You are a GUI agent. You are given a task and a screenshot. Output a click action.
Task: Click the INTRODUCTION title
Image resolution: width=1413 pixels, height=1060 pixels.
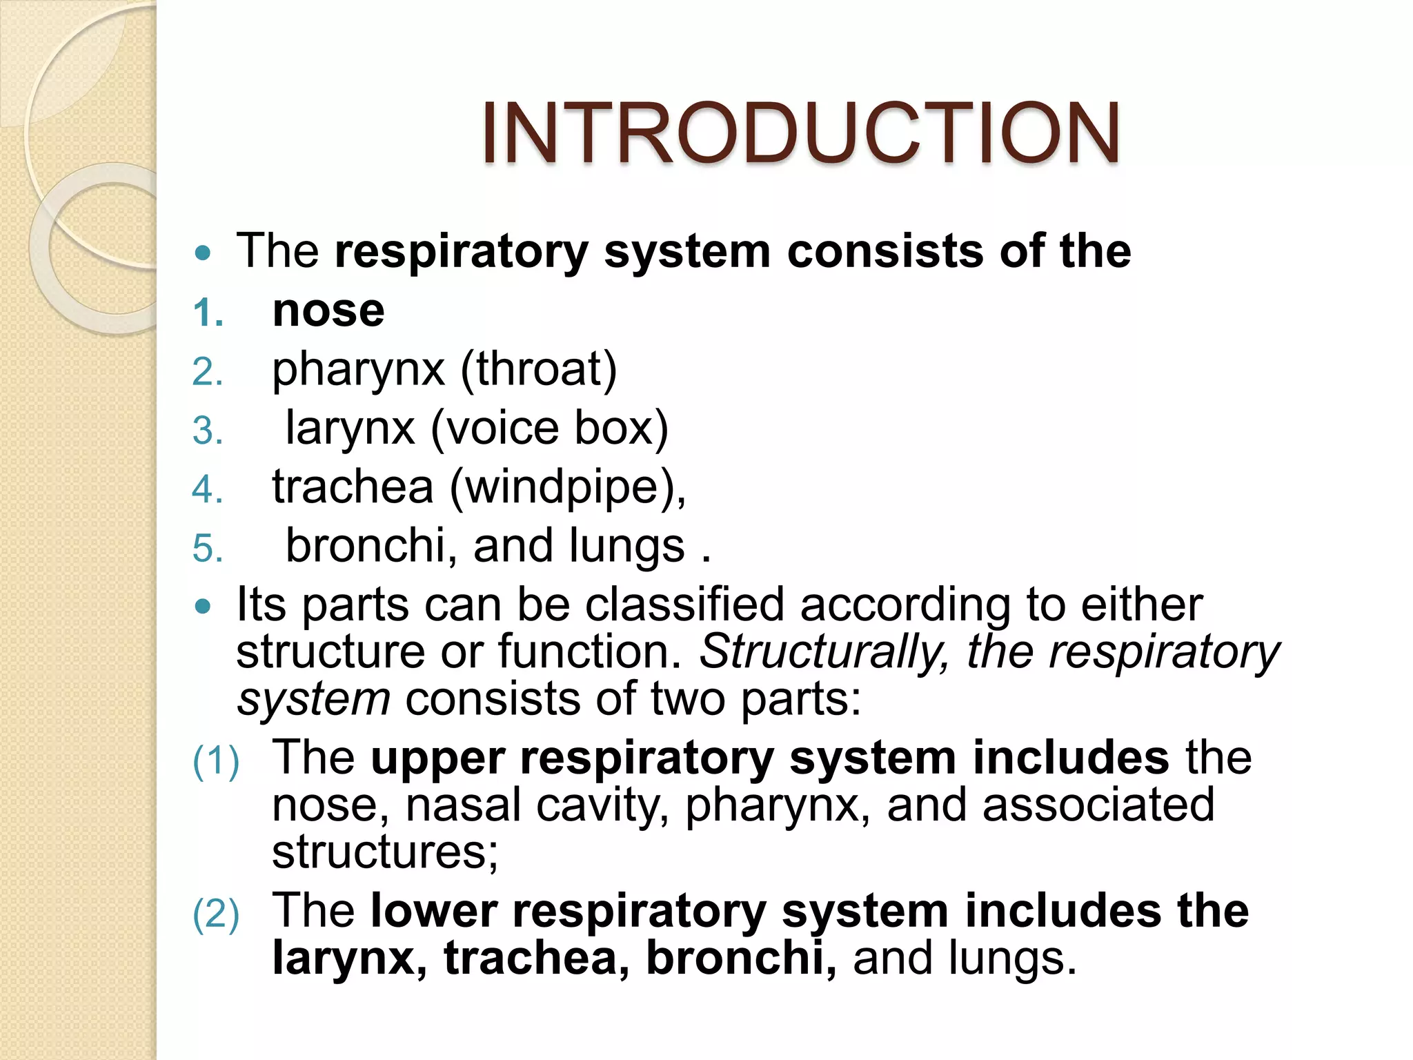coord(800,133)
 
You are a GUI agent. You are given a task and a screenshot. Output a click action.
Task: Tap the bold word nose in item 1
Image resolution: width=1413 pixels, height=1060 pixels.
coord(328,312)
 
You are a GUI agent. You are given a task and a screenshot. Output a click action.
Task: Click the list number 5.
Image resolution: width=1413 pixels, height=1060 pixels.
coord(208,549)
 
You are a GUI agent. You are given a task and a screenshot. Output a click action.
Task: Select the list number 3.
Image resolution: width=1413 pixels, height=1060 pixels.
coord(208,432)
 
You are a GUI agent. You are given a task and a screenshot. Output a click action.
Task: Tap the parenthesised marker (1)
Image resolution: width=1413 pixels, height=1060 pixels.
coord(216,761)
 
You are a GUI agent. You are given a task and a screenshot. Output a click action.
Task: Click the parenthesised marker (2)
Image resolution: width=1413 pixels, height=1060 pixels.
coord(216,914)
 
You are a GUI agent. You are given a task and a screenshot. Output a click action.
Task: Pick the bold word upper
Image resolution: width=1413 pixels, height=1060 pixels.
coord(437,759)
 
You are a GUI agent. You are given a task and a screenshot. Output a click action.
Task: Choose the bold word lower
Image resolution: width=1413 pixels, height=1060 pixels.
coord(433,912)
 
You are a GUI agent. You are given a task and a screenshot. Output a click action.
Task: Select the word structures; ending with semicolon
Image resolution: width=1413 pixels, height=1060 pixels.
coord(385,852)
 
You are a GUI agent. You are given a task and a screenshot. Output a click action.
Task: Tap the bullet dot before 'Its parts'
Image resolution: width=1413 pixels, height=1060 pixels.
coord(203,607)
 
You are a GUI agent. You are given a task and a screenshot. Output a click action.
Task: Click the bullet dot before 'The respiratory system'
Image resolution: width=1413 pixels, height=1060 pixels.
coord(203,253)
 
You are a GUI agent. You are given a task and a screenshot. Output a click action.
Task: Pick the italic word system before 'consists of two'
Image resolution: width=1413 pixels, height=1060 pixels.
coord(314,700)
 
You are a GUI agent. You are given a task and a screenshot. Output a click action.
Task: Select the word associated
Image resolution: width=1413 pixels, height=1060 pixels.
coord(1098,806)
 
